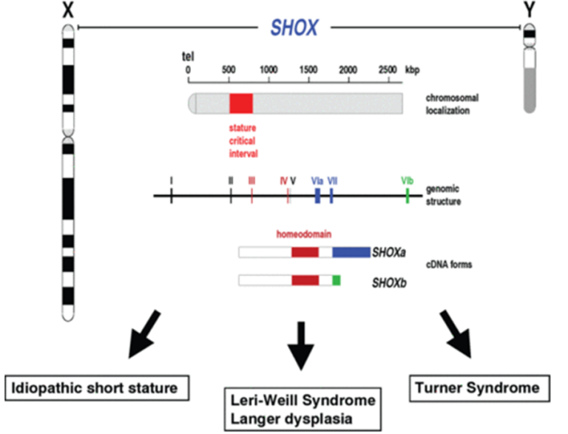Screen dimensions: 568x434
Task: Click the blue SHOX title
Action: pyautogui.click(x=294, y=27)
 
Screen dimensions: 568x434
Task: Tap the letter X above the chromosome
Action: pyautogui.click(x=68, y=10)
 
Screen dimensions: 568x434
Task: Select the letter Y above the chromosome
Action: pyautogui.click(x=530, y=10)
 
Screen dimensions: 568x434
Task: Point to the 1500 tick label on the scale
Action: pyautogui.click(x=308, y=69)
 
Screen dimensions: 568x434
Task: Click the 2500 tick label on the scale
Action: pyautogui.click(x=388, y=69)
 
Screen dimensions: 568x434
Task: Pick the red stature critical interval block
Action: pyautogui.click(x=241, y=104)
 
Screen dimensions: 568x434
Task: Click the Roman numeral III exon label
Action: pyautogui.click(x=251, y=180)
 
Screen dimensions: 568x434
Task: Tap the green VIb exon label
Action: pyautogui.click(x=408, y=180)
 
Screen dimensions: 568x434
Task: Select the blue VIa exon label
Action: pyautogui.click(x=317, y=180)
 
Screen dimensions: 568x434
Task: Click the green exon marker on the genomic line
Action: pyautogui.click(x=408, y=196)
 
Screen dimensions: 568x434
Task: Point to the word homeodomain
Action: pyautogui.click(x=304, y=234)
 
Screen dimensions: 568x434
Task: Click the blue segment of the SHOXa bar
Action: pyautogui.click(x=351, y=252)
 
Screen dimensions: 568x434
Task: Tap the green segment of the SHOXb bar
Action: pyautogui.click(x=337, y=280)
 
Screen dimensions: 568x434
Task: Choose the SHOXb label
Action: pyautogui.click(x=389, y=282)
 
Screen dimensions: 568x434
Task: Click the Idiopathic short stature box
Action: pyautogui.click(x=97, y=388)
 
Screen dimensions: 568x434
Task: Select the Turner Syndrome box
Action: pyautogui.click(x=479, y=388)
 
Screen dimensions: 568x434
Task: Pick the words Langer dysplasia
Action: pyautogui.click(x=291, y=418)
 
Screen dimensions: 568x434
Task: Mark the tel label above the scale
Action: pyautogui.click(x=188, y=56)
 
